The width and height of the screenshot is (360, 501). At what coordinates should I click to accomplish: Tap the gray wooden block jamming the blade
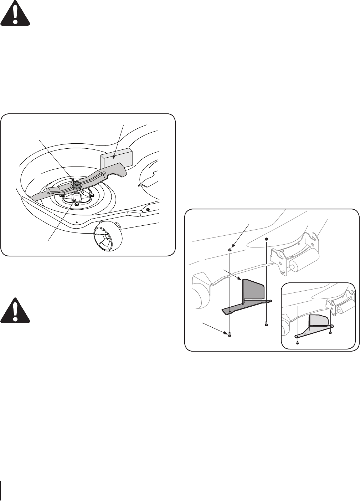point(117,157)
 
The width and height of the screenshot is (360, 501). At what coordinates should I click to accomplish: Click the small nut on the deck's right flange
point(148,208)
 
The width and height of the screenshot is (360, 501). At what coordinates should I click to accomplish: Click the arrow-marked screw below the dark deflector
point(229,334)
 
